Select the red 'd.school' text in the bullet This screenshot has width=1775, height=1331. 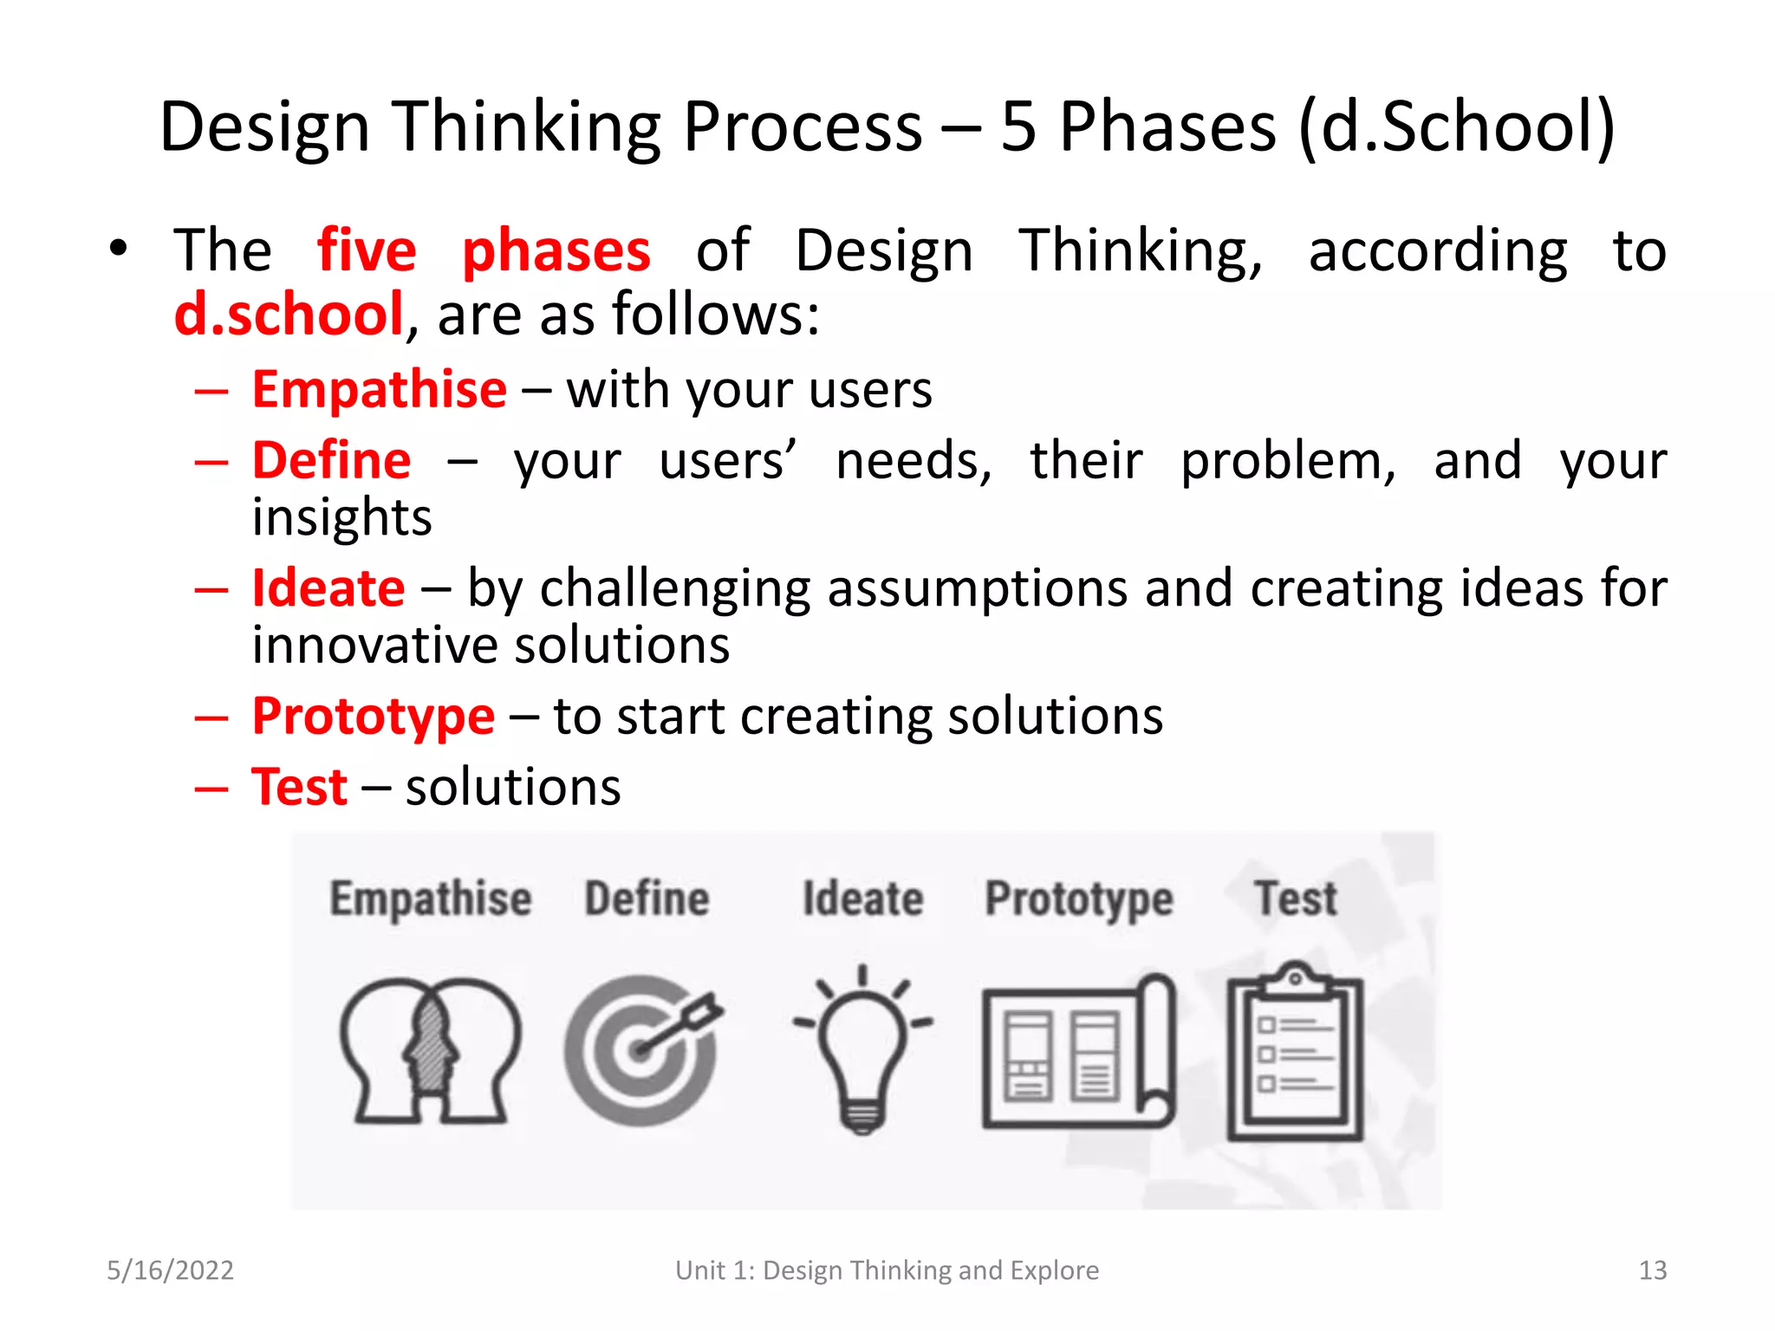pyautogui.click(x=289, y=315)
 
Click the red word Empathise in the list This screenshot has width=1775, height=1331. pyautogui.click(x=379, y=390)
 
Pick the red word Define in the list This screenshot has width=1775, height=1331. pyautogui.click(x=331, y=460)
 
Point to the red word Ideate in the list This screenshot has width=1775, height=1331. pyautogui.click(x=328, y=588)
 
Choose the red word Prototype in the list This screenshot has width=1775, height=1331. pyautogui.click(x=373, y=717)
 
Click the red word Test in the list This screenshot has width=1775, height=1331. pyautogui.click(x=299, y=788)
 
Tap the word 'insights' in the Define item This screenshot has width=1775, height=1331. pyautogui.click(x=341, y=518)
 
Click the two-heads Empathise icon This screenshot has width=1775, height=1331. pyautogui.click(x=430, y=1051)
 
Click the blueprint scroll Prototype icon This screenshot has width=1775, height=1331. pyautogui.click(x=1079, y=1053)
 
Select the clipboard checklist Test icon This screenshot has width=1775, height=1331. pyautogui.click(x=1295, y=1053)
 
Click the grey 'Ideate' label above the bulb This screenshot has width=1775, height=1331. pyautogui.click(x=862, y=899)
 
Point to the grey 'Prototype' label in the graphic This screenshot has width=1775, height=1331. pyautogui.click(x=1079, y=899)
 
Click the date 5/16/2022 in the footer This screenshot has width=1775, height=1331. pyautogui.click(x=170, y=1270)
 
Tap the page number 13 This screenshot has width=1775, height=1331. pyautogui.click(x=1652, y=1270)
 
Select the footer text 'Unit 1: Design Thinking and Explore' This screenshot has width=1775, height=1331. pyautogui.click(x=887, y=1270)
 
